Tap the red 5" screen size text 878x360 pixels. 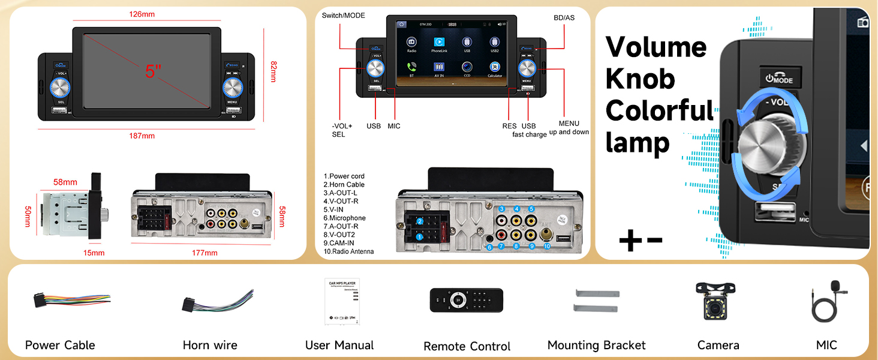(x=154, y=71)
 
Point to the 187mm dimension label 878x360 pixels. (x=142, y=136)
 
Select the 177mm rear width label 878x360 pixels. (x=204, y=253)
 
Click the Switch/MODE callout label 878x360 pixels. (x=343, y=16)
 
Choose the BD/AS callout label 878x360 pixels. (x=563, y=18)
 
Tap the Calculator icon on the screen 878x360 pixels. (x=494, y=68)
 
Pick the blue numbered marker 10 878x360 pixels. (x=546, y=246)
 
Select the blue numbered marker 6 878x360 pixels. (x=489, y=247)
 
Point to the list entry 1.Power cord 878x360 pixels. (x=344, y=176)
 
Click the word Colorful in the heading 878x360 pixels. (x=660, y=111)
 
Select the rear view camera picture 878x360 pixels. (x=718, y=301)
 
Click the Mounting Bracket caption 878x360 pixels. (x=596, y=346)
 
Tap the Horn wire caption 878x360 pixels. (x=210, y=346)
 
